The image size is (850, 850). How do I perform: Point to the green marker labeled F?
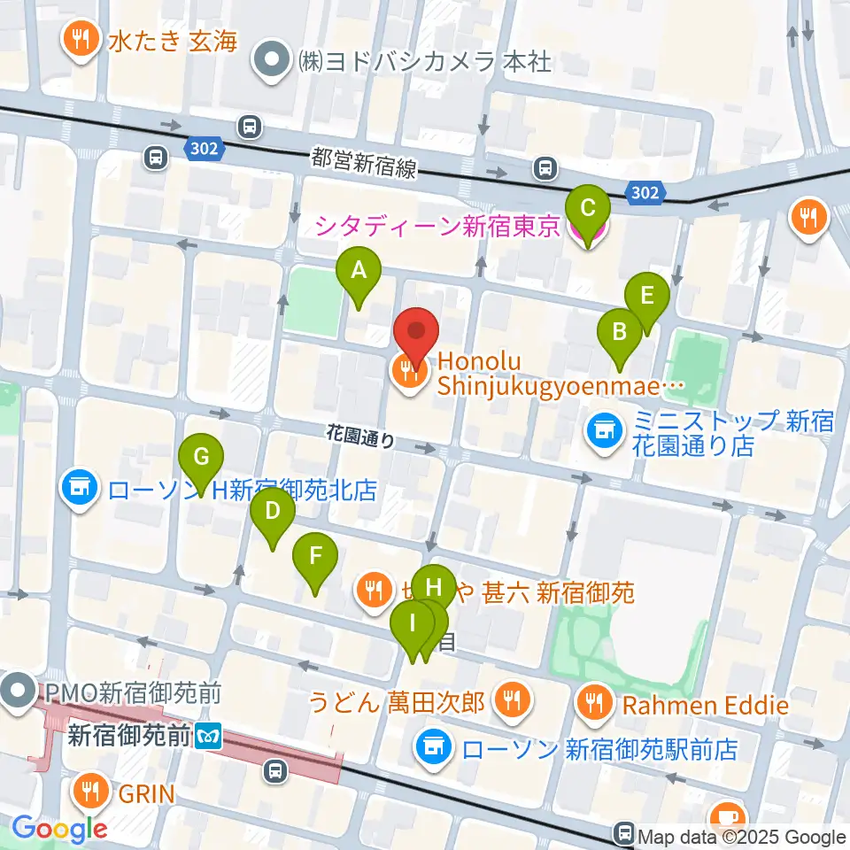[315, 558]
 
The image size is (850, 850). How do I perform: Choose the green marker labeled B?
[620, 334]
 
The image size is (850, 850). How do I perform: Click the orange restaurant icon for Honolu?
[409, 373]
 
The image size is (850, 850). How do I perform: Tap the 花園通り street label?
[360, 437]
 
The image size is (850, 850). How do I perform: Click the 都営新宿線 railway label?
[364, 163]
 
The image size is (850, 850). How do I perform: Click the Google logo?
[61, 828]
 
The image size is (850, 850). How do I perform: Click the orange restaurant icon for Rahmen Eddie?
[591, 704]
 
